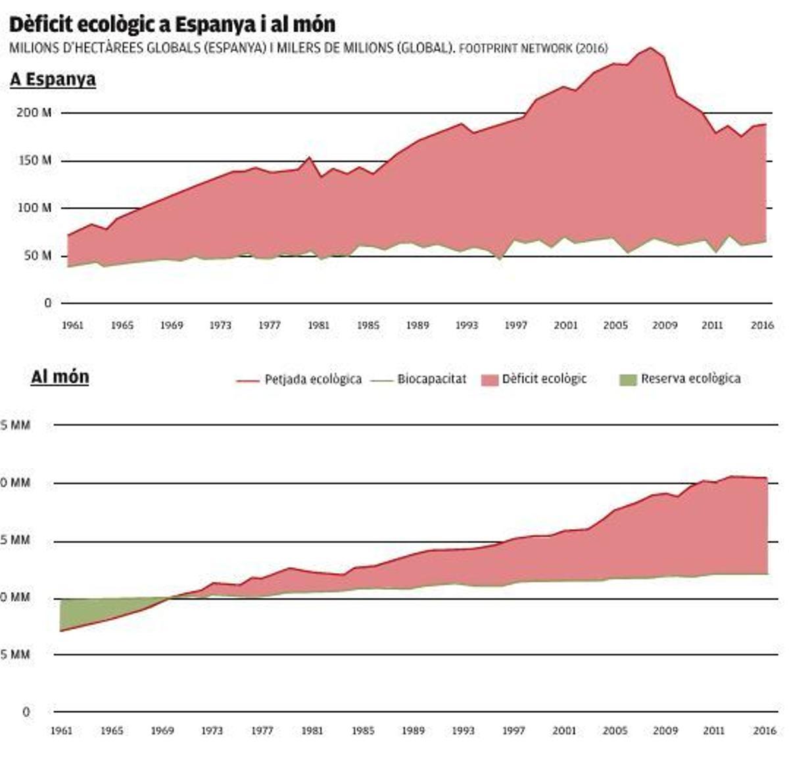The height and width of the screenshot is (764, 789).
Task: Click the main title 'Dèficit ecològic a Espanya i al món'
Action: pos(172,24)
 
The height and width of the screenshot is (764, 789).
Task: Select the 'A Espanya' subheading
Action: pos(53,79)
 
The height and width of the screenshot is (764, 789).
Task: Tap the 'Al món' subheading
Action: pos(60,377)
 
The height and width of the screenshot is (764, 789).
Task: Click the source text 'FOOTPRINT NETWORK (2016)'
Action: pos(533,49)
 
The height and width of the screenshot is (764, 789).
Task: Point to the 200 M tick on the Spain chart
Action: pos(34,113)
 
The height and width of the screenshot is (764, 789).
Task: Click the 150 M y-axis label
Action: pos(34,160)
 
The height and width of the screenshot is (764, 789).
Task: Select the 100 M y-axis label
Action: pos(34,208)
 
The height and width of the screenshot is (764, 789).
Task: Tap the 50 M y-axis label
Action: pos(36,256)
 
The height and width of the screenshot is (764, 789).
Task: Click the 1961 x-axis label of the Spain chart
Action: pos(72,325)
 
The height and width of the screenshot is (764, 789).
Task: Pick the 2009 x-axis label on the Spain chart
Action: pos(664,325)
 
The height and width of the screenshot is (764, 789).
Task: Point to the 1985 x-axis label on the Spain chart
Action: pos(368,325)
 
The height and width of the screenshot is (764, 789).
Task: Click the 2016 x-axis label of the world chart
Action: pos(765,730)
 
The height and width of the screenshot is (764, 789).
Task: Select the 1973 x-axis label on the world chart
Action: pos(212,730)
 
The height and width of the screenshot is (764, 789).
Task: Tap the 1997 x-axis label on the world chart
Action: pos(514,730)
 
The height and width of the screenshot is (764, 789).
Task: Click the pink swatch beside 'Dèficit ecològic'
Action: pos(490,380)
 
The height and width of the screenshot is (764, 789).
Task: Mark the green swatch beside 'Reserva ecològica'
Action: pos(629,380)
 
